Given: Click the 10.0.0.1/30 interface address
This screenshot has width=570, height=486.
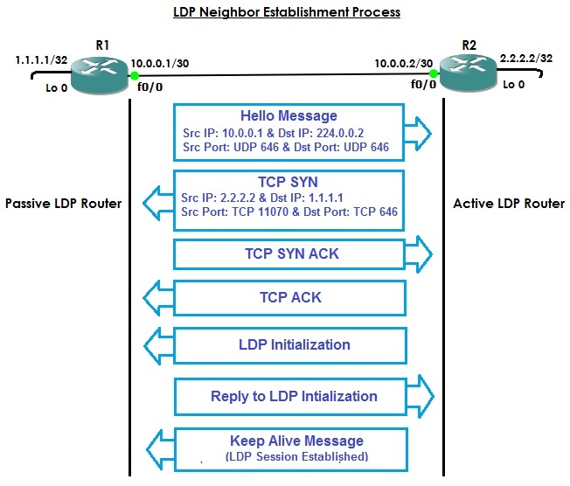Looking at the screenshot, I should click(x=160, y=63).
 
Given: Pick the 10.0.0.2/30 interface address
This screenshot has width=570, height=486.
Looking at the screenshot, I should click(x=403, y=63).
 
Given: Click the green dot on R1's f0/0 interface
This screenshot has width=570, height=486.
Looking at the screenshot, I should click(x=135, y=76).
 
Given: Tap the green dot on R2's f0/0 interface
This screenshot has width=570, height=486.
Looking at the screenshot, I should click(x=433, y=73).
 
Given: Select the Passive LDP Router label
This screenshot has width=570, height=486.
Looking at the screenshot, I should click(x=63, y=204).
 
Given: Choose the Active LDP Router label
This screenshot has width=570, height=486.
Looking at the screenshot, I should click(x=509, y=204).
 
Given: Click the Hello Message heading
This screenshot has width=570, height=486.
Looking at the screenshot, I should click(x=288, y=116).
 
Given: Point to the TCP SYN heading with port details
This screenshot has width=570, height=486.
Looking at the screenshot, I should click(x=288, y=181).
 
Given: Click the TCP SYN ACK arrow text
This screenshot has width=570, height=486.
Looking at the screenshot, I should click(x=291, y=254).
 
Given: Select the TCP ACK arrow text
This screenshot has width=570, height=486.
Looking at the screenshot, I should click(x=291, y=297).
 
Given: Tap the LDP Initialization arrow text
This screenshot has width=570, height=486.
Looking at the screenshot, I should click(x=294, y=344).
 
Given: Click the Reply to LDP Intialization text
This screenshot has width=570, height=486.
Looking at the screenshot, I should click(x=294, y=396).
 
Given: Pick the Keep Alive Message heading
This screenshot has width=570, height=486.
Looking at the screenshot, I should click(x=296, y=441).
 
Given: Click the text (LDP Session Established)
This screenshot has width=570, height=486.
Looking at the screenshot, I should click(x=296, y=456).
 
